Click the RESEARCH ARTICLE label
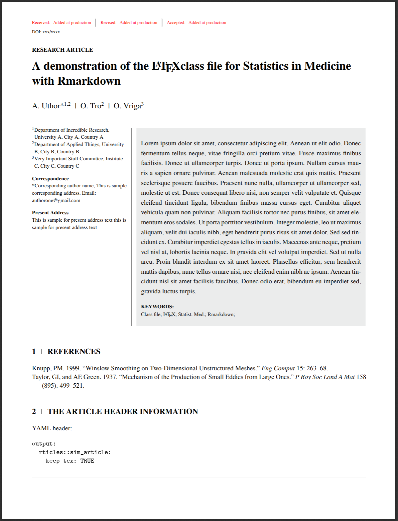point(62,50)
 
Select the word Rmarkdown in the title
point(89,81)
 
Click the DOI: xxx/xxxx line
point(46,32)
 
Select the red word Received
point(41,23)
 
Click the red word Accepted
point(176,23)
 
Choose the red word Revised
point(108,23)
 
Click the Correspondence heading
point(50,179)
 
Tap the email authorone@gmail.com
point(56,200)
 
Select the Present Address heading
point(50,213)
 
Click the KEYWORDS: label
point(157,307)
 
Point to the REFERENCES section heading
point(74,352)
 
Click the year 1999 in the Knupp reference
point(73,368)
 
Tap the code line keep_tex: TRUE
point(70,461)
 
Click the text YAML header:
point(52,428)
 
